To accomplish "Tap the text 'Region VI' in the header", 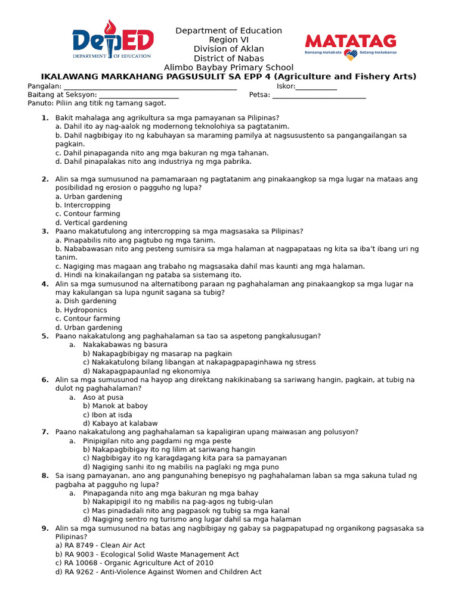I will coord(228,40).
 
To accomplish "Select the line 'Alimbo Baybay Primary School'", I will coord(228,67).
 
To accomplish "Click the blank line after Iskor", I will coord(316,87).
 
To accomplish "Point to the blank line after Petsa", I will coord(319,96).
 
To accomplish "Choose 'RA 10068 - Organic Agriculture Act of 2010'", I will coord(134,563).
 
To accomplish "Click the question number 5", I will coord(45,336).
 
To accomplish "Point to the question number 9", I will coord(45,528).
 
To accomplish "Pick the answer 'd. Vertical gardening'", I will coord(91,223).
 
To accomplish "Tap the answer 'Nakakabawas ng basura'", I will coord(125,345).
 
